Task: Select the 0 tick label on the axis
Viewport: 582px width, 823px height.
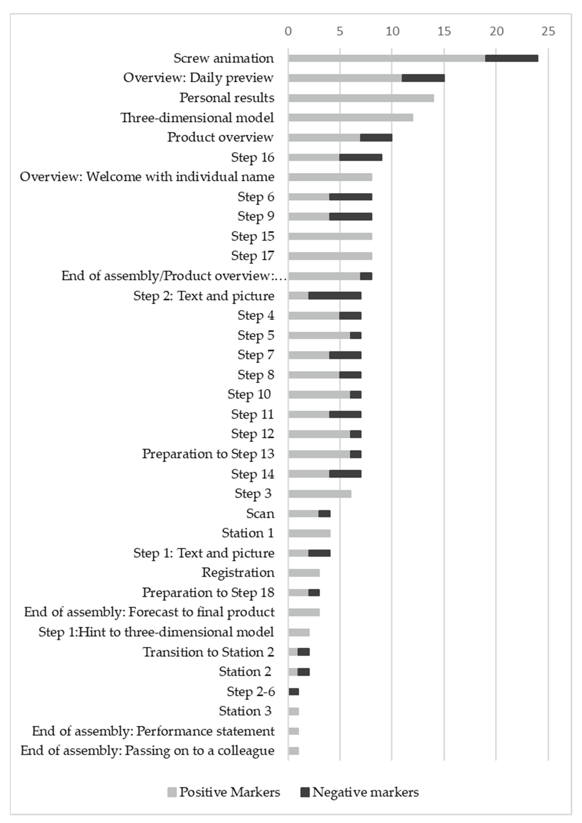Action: (288, 32)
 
